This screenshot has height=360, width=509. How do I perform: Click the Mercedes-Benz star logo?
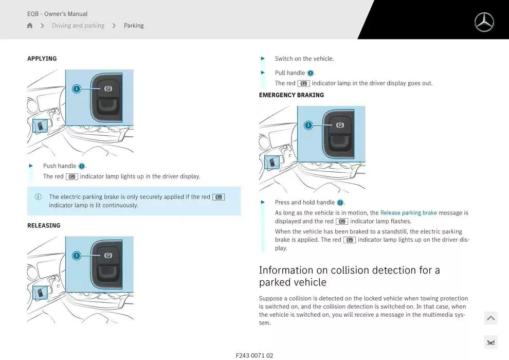[x=484, y=22]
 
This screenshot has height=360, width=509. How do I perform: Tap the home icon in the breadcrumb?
[x=30, y=25]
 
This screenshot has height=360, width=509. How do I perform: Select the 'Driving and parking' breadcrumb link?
[x=78, y=25]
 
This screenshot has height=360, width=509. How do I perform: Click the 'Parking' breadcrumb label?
[x=134, y=25]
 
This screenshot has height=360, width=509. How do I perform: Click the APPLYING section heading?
[x=42, y=59]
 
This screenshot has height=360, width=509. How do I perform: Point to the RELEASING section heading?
[x=44, y=225]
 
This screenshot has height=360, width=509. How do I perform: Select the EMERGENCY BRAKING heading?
[x=292, y=95]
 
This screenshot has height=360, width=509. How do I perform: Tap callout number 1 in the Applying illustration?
[x=77, y=88]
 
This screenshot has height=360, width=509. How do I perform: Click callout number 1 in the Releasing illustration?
[x=77, y=256]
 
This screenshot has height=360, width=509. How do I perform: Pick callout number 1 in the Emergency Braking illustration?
[x=308, y=125]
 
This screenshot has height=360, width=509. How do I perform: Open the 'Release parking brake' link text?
[x=408, y=212]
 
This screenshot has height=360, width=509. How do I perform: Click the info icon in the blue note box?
[x=38, y=197]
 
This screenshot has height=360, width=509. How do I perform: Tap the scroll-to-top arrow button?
[x=491, y=318]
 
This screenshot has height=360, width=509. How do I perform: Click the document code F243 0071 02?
[x=254, y=355]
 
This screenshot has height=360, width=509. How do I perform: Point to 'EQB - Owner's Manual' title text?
[x=57, y=14]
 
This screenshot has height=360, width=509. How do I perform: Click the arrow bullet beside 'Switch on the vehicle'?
[x=263, y=59]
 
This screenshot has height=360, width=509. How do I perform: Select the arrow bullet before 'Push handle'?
[x=31, y=166]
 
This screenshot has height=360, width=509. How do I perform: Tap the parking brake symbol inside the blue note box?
[x=219, y=197]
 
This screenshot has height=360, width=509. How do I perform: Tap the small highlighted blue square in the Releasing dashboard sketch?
[x=40, y=293]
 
